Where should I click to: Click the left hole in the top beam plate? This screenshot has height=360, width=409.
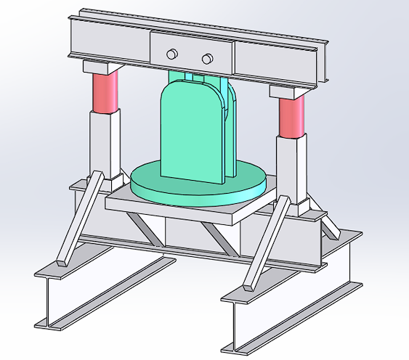(x=172, y=54)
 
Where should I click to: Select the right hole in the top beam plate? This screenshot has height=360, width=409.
(x=207, y=58)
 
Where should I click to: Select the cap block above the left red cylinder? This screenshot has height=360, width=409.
(x=101, y=67)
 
